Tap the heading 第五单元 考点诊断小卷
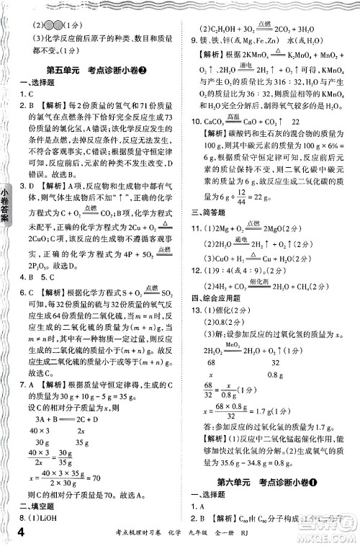pyautogui.click(x=91, y=70)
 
